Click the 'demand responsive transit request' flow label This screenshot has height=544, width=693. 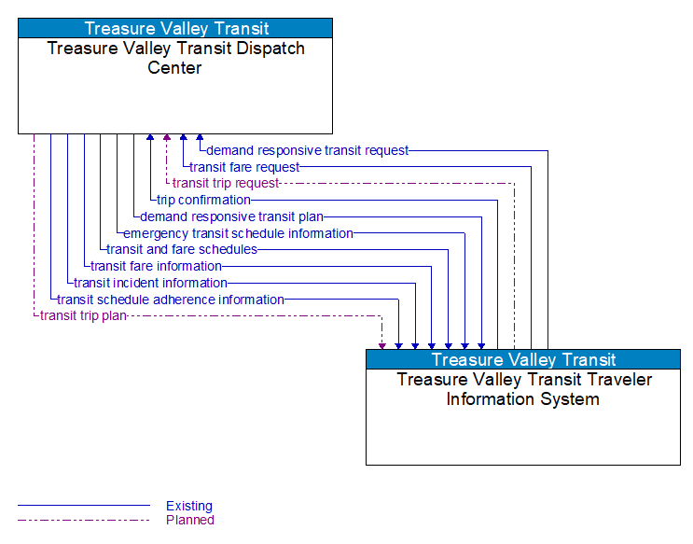pos(307,150)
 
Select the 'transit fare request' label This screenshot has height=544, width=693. pos(244,167)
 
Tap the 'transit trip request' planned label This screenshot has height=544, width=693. pos(225,184)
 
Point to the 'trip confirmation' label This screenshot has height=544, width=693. pos(203,200)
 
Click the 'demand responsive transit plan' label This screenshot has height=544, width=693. pos(231,216)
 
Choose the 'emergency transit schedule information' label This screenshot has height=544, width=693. pos(238,233)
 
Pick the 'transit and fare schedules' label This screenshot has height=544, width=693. pos(181,249)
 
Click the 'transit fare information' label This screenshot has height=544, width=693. pos(156,266)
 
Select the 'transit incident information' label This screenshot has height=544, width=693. pos(150,283)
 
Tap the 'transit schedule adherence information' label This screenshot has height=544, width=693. pos(170,300)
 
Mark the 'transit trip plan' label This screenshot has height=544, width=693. pos(82,316)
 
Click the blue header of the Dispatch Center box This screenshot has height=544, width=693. pos(175,28)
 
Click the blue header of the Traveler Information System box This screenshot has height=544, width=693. pos(522,359)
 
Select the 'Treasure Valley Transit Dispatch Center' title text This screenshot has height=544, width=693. pos(175,58)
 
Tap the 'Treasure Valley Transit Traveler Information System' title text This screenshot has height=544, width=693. pos(522,389)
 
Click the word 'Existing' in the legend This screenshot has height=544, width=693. pos(189,506)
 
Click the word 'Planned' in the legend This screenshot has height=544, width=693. pos(189,520)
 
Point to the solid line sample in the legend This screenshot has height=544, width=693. pos(84,506)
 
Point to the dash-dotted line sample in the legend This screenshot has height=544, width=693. pos(84,520)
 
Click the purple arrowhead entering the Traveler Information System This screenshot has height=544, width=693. pos(381,345)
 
